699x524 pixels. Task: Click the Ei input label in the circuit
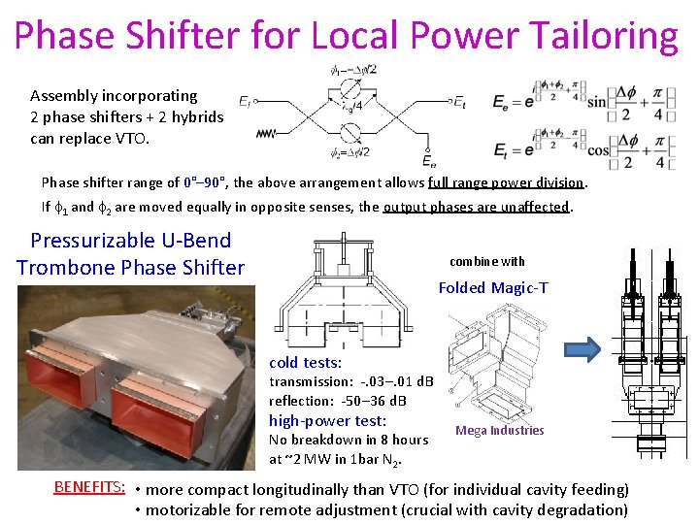245,100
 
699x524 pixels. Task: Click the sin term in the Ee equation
596,100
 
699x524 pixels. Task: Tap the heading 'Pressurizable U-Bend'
131,241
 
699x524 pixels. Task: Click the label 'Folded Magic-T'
493,287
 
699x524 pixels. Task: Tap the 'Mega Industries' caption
500,431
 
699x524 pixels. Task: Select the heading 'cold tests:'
305,363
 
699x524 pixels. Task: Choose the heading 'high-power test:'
327,420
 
